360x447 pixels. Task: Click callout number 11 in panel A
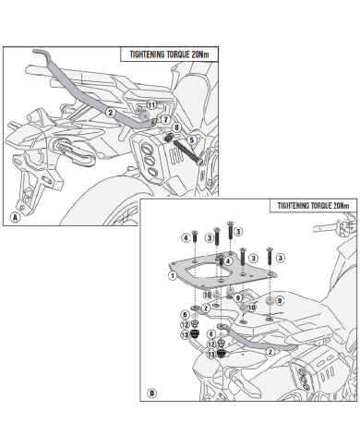[x=151, y=105]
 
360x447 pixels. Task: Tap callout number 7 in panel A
[x=165, y=119]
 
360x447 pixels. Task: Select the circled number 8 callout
[x=176, y=127]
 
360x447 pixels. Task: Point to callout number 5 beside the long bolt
[x=191, y=140]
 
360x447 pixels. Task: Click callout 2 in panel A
[x=111, y=113]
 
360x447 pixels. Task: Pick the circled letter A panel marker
[x=15, y=217]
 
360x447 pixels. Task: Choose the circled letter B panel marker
[x=151, y=393]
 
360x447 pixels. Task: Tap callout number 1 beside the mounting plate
[x=173, y=275]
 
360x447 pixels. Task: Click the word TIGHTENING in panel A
[x=147, y=54]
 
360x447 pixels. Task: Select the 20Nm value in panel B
[x=341, y=206]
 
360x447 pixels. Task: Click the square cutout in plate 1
[x=208, y=272]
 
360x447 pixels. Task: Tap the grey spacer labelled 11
[x=145, y=115]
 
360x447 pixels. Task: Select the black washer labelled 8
[x=169, y=138]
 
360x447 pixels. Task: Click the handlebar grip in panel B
[x=324, y=228]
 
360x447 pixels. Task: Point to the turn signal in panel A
[x=73, y=151]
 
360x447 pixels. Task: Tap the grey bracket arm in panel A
[x=90, y=92]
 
